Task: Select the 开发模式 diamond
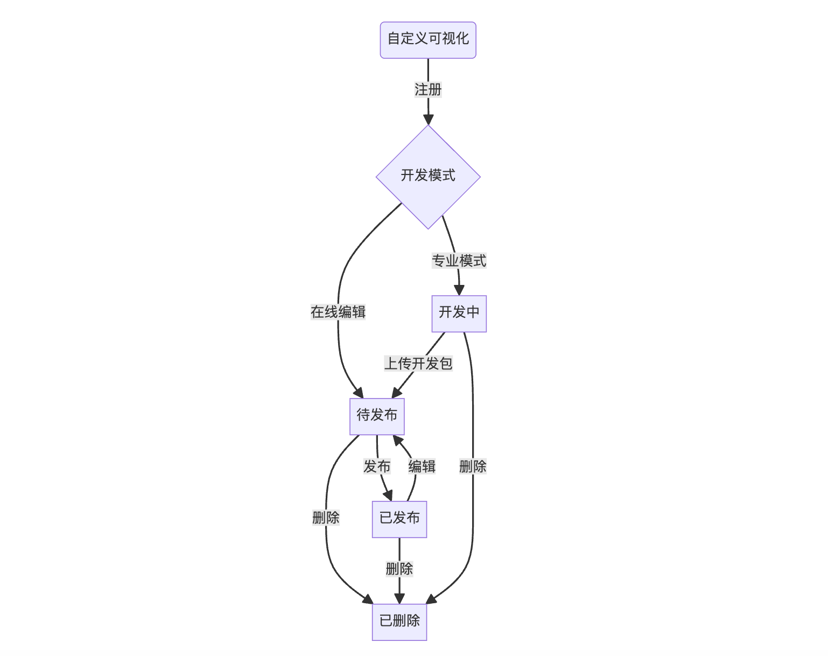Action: coord(428,176)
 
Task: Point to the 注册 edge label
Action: coord(428,89)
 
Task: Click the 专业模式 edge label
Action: coord(459,261)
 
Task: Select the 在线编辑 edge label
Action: coord(338,312)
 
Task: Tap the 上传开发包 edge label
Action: coord(418,364)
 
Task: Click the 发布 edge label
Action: coord(377,467)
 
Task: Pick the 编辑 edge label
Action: coord(422,467)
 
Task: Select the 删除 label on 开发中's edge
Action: coord(473,467)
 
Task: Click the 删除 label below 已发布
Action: coord(399,569)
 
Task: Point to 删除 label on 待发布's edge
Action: coord(326,518)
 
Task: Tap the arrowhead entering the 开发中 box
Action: coord(459,290)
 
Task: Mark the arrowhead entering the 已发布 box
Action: coord(388,496)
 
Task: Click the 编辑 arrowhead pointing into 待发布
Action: coord(397,441)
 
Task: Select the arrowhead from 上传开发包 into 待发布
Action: coord(397,392)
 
